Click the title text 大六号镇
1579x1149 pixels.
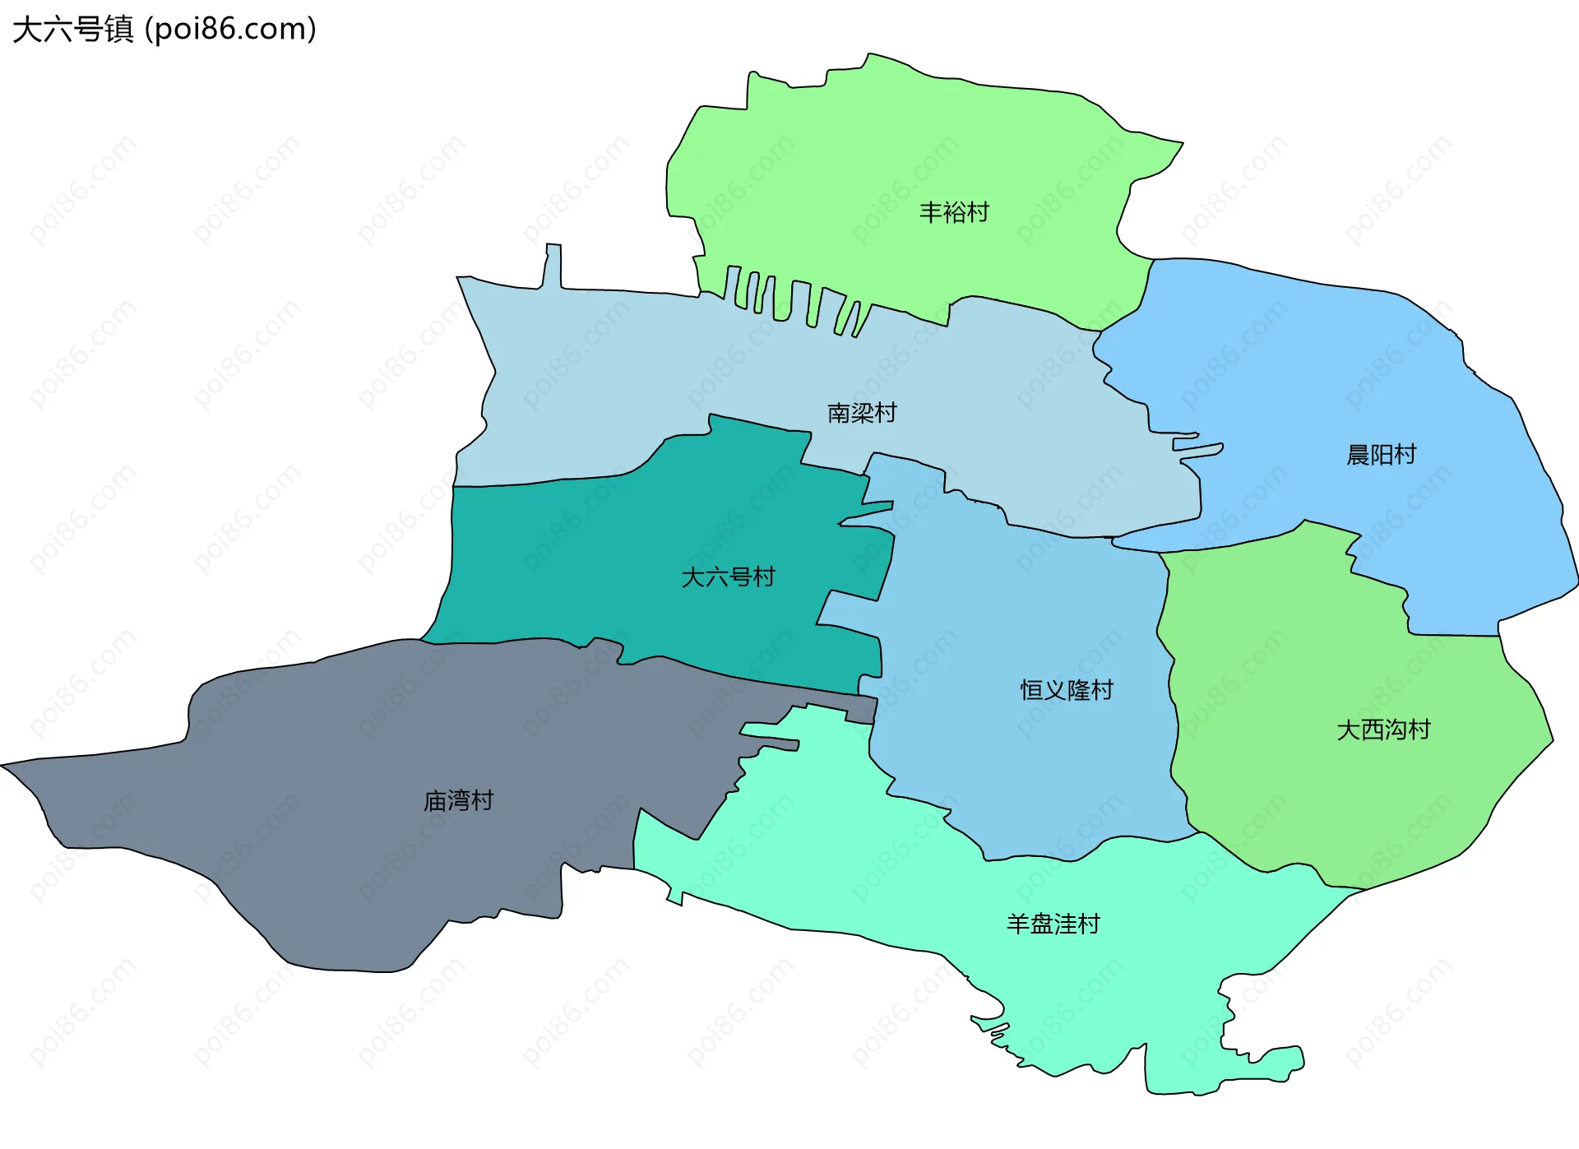click(72, 30)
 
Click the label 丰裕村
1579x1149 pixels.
click(954, 213)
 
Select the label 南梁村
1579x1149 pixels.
click(862, 413)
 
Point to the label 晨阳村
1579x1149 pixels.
click(1381, 455)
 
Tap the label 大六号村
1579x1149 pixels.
click(728, 577)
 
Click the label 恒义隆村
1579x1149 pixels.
click(1067, 690)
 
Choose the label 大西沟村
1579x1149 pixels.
click(1383, 730)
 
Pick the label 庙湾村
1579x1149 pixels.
click(458, 801)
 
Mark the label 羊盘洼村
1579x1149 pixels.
click(1053, 924)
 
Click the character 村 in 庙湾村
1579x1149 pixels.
click(482, 801)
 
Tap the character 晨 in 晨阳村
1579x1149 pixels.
click(1358, 455)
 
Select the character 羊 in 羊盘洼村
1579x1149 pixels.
click(1018, 924)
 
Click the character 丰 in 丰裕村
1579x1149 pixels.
click(931, 213)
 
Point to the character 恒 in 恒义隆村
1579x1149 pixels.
click(1032, 690)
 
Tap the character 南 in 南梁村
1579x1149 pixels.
click(839, 413)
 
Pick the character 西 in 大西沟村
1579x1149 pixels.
click(1372, 730)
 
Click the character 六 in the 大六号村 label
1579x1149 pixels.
click(716, 577)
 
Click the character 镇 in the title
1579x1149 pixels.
click(118, 30)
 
